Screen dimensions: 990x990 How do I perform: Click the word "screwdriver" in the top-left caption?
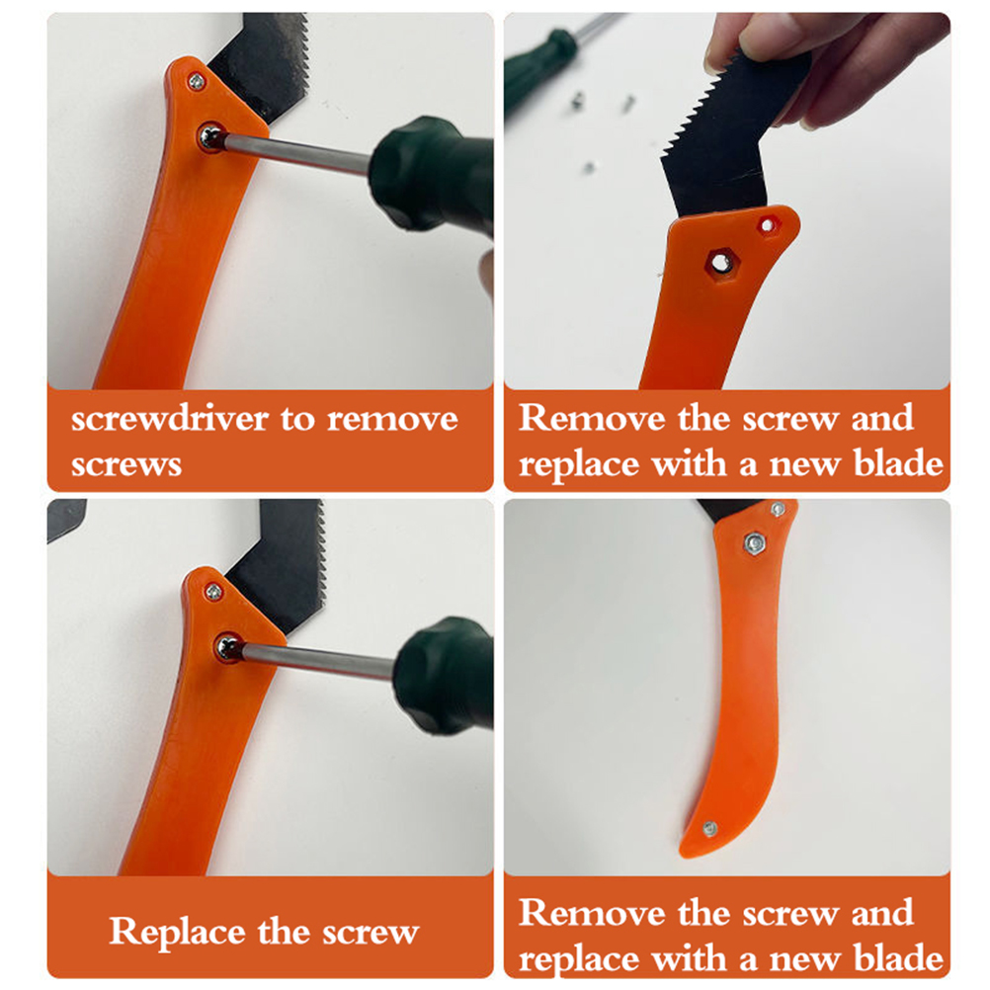(170, 419)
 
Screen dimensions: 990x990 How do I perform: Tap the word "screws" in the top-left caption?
(126, 464)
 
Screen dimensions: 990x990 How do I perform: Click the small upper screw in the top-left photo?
(197, 81)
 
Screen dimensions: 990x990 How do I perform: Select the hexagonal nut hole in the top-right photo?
(718, 261)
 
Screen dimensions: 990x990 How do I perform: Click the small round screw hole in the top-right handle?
(767, 224)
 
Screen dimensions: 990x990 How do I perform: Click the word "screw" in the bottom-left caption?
(371, 933)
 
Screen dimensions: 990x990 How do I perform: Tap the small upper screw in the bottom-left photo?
(213, 592)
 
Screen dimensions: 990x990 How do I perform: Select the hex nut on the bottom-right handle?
(753, 543)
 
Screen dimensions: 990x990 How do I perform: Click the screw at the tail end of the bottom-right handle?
(709, 828)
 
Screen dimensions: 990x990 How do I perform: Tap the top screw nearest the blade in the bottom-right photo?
(778, 509)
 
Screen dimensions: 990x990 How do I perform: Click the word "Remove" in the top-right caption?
(592, 418)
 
